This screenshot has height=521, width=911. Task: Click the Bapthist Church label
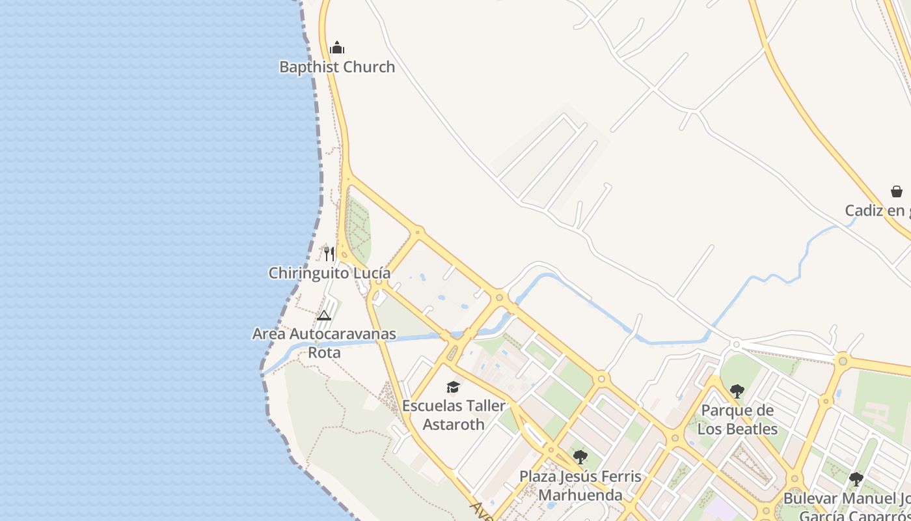point(337,66)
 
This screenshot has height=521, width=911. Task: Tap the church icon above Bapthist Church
point(337,48)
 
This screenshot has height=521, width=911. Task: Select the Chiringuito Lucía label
point(329,273)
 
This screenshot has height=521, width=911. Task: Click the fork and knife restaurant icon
point(329,253)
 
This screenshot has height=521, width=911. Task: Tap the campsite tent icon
point(324,316)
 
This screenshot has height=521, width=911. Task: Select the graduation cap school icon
point(454,387)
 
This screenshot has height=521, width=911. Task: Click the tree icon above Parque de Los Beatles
point(737,391)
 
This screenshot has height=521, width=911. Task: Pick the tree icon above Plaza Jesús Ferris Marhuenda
point(580,457)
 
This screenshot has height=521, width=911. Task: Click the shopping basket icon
point(897,191)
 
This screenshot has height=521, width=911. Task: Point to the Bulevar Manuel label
point(846,499)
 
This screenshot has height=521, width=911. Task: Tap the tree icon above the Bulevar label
point(856,479)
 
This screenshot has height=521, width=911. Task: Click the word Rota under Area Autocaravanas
point(324,352)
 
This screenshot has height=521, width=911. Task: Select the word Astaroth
point(454,424)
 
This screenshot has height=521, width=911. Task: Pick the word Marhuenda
point(580,494)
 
